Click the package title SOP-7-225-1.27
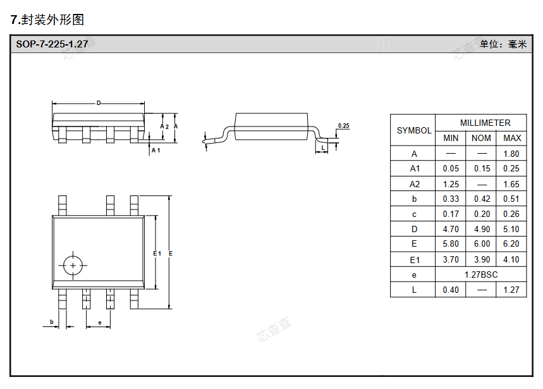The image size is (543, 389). (52, 44)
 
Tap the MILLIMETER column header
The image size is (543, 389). (485, 123)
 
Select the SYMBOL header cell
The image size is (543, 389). (414, 130)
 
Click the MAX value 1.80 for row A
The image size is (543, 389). (511, 154)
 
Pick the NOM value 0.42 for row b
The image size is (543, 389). (482, 199)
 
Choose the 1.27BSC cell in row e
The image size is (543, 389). (481, 275)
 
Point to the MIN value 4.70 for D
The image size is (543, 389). (451, 229)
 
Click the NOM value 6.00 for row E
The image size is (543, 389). (482, 244)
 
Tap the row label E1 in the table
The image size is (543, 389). (414, 259)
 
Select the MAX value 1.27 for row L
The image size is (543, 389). (511, 290)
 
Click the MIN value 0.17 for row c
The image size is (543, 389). (451, 214)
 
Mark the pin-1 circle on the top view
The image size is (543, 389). (73, 265)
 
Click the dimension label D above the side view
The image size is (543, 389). (99, 103)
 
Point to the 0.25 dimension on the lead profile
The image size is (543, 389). (343, 126)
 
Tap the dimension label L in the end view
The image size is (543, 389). (323, 147)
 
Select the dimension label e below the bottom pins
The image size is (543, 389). (99, 323)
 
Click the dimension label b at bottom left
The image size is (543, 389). (52, 322)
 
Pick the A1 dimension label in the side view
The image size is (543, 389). (156, 150)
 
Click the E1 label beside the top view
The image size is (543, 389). (157, 253)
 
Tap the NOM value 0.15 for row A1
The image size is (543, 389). (482, 169)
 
